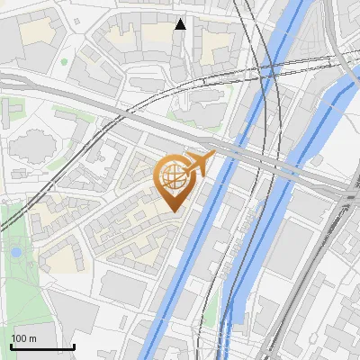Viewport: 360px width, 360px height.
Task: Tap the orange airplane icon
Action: [x=200, y=164]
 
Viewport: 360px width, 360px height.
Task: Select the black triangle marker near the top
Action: [x=181, y=24]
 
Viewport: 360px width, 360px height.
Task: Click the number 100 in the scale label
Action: [x=19, y=338]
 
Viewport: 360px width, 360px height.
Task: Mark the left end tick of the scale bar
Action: [x=11, y=346]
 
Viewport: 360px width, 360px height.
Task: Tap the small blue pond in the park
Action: [x=15, y=252]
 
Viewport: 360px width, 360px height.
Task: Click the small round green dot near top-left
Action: [x=65, y=62]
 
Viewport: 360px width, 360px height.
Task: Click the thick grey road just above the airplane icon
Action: [x=180, y=135]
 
